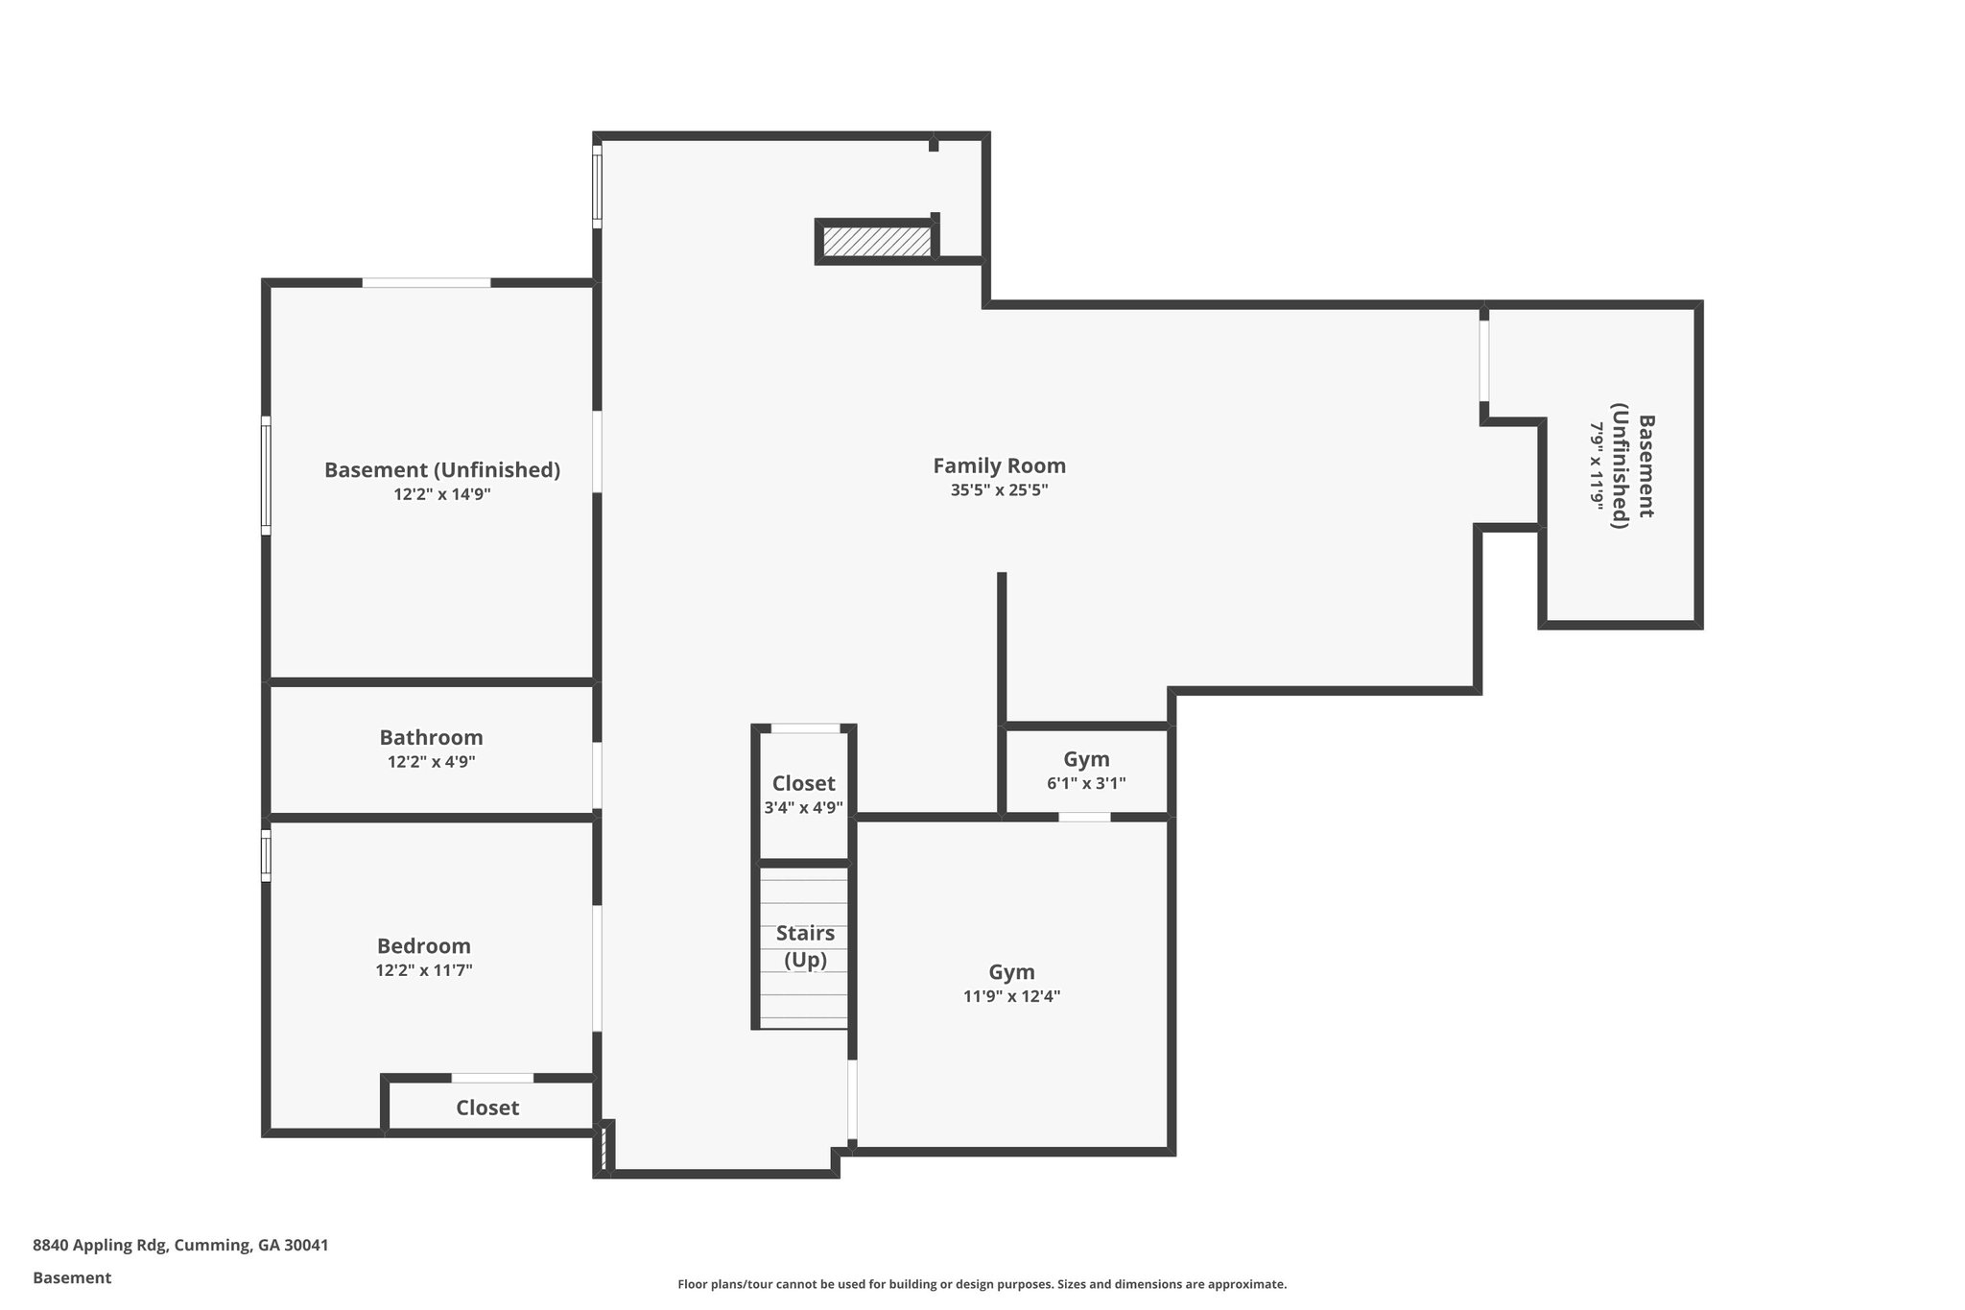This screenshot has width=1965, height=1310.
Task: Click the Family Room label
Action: click(x=999, y=465)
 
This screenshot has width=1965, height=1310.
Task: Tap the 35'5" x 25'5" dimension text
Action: click(x=999, y=490)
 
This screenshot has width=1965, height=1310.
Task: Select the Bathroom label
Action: click(x=431, y=737)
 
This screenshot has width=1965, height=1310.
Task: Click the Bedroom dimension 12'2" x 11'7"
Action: click(x=424, y=970)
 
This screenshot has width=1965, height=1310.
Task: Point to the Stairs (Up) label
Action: click(x=805, y=945)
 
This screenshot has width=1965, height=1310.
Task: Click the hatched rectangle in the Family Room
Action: click(x=877, y=241)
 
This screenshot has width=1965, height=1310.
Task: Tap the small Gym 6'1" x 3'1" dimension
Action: click(x=1086, y=783)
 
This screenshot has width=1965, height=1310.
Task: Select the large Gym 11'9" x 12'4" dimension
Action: click(x=1011, y=996)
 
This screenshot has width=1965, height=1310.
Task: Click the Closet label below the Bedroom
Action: click(x=487, y=1108)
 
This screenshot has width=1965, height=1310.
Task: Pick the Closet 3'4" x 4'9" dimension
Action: click(x=803, y=808)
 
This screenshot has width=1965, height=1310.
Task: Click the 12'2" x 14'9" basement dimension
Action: click(x=442, y=494)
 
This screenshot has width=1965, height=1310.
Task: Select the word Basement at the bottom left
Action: click(x=72, y=1277)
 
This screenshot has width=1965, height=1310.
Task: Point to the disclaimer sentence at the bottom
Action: click(x=982, y=1284)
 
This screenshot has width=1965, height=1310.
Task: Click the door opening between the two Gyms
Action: click(x=1084, y=817)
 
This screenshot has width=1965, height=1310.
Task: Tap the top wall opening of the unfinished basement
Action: click(x=426, y=282)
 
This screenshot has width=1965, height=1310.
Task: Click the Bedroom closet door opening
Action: click(x=492, y=1078)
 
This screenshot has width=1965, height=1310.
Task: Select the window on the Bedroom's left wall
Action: click(x=266, y=854)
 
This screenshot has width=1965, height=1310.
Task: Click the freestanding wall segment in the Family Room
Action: click(x=1002, y=648)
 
